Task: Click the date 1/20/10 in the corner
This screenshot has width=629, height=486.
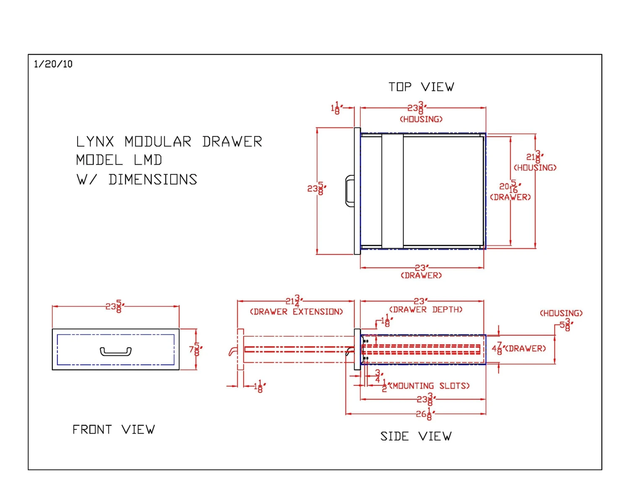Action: (53, 64)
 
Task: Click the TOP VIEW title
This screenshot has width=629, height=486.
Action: (421, 87)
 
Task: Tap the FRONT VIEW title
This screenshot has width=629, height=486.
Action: (114, 430)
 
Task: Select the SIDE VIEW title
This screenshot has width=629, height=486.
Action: (416, 437)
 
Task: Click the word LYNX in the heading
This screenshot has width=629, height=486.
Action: (95, 142)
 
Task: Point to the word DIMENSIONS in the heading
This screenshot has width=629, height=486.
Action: (153, 180)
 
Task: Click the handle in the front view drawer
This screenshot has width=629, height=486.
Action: (116, 351)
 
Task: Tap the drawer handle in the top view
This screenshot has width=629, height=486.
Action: (350, 191)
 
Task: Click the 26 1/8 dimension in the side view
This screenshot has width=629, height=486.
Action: (424, 414)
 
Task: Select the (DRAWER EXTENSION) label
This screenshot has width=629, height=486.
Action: (296, 312)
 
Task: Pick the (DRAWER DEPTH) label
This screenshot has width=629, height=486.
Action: (426, 310)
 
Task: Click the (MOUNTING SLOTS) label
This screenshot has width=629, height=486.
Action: (429, 386)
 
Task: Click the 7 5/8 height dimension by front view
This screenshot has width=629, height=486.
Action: (195, 349)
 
